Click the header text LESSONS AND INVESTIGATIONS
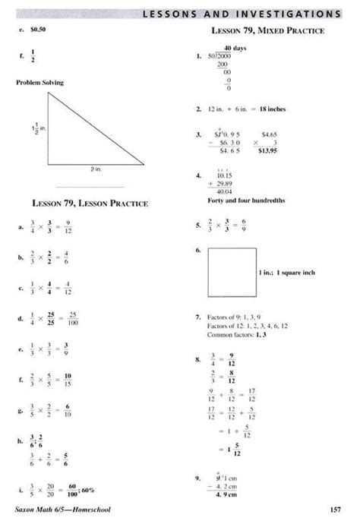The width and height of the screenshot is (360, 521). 242,13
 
